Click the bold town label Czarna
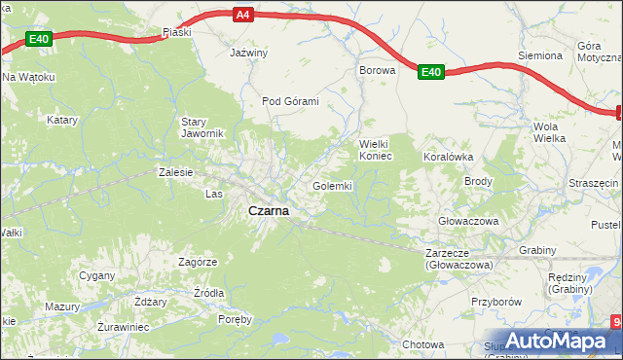(x=267, y=210)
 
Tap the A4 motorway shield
(x=243, y=15)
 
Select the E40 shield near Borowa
(x=432, y=71)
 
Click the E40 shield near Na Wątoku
(x=38, y=39)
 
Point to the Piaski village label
(x=176, y=32)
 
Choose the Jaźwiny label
(x=248, y=53)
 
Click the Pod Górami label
(x=290, y=100)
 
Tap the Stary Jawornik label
(x=202, y=127)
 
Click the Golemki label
(x=332, y=185)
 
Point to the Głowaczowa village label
(x=468, y=221)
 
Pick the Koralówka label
(x=448, y=156)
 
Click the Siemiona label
(x=540, y=56)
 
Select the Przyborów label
(x=496, y=302)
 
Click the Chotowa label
(x=422, y=344)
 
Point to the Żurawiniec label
(x=123, y=327)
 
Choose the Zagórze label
(x=198, y=262)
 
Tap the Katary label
(x=62, y=121)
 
